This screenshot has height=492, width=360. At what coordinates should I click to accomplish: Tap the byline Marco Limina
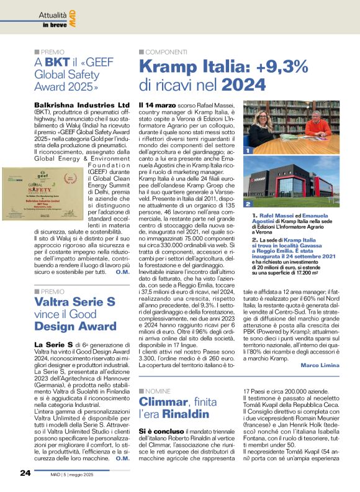tap(319, 363)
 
